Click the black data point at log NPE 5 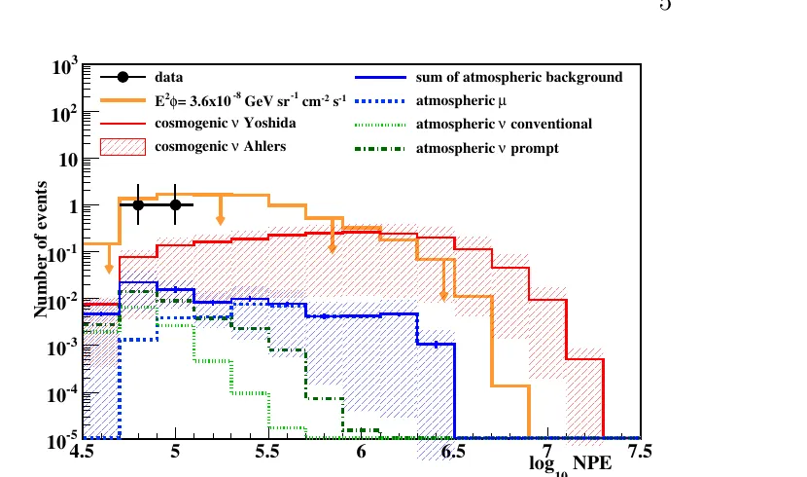176,204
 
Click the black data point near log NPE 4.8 138,204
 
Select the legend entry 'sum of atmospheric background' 519,77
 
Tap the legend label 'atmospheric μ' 461,100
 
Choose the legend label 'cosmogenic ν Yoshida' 225,123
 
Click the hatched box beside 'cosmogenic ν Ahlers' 123,147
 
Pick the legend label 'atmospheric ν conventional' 504,125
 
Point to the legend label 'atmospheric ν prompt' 487,148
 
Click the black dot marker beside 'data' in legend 123,77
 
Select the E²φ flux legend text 250,100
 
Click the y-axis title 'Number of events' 41,249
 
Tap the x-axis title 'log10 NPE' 571,463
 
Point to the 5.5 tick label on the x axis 267,452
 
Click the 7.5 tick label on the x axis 639,452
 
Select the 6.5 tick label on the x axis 453,452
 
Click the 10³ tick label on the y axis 65,66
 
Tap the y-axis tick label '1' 73,206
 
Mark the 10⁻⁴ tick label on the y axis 63,394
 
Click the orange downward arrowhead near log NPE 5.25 221,220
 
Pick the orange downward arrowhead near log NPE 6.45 443,296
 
